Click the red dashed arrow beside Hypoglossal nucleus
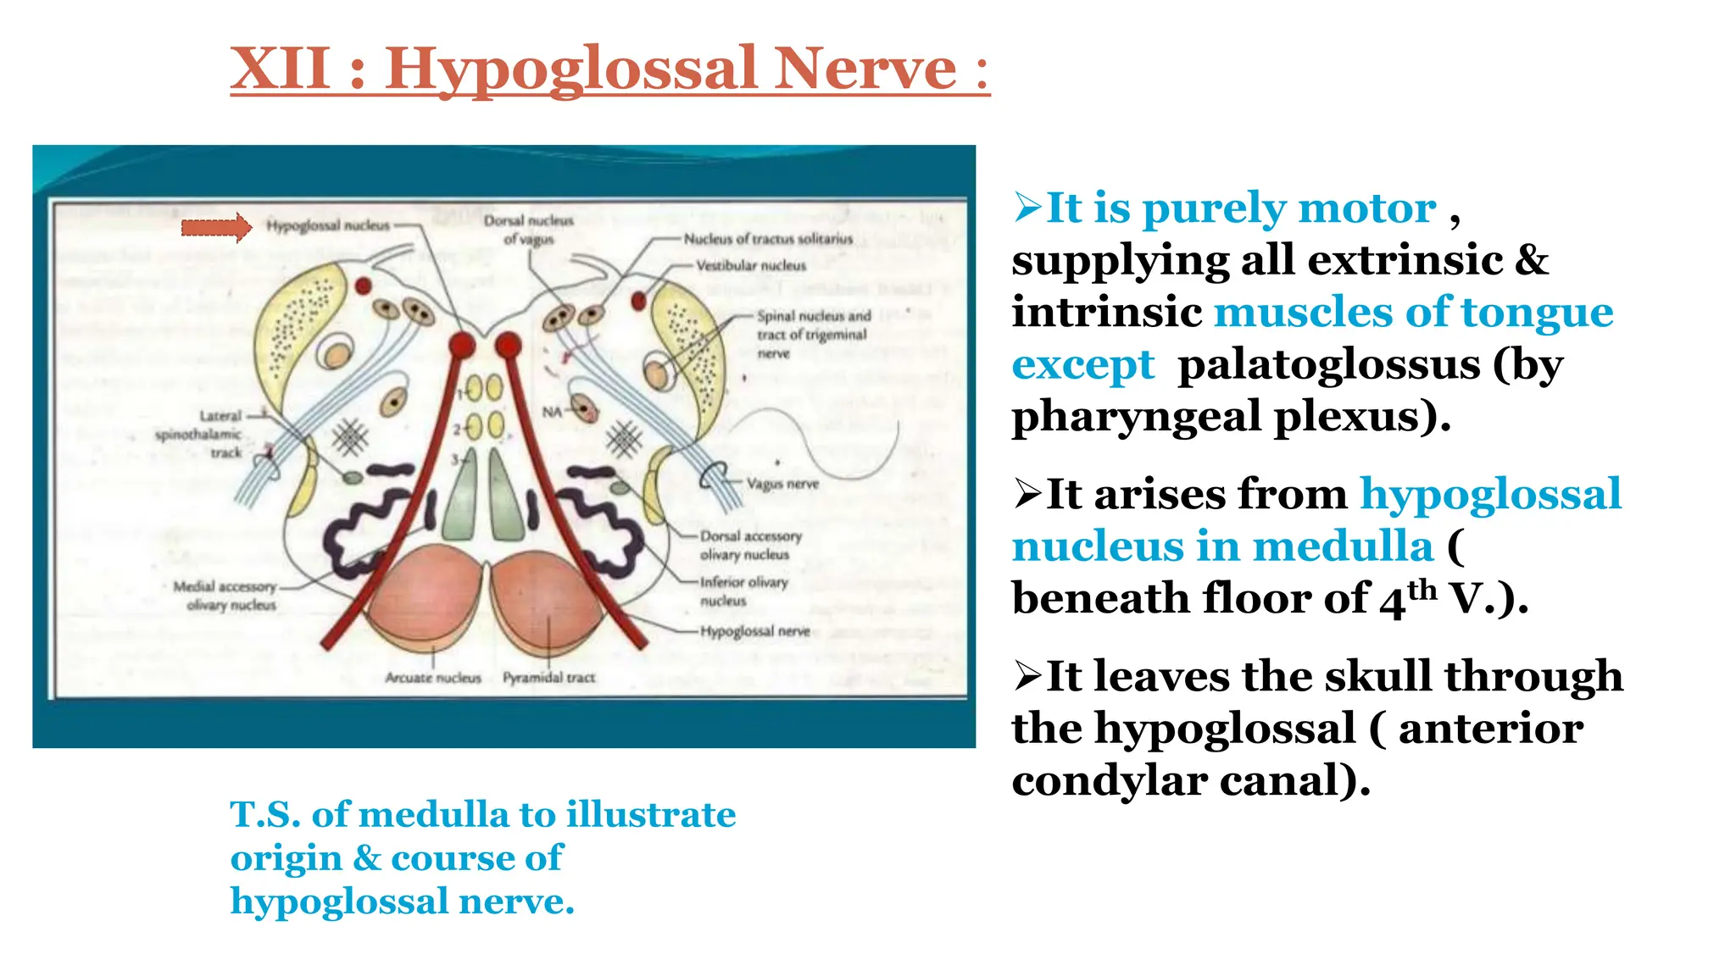pyautogui.click(x=216, y=227)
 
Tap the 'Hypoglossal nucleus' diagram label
pyautogui.click(x=328, y=225)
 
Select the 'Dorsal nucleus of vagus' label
pyautogui.click(x=528, y=230)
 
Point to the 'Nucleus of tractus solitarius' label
pyautogui.click(x=768, y=239)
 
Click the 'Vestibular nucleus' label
pyautogui.click(x=751, y=265)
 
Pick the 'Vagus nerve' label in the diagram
pyautogui.click(x=782, y=484)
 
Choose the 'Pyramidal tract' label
pyautogui.click(x=548, y=678)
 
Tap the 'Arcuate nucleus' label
pyautogui.click(x=432, y=678)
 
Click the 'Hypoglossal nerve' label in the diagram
pyautogui.click(x=754, y=631)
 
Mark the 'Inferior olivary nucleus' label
pyautogui.click(x=743, y=591)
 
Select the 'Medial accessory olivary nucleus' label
pyautogui.click(x=225, y=596)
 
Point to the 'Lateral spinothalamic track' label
pyautogui.click(x=200, y=434)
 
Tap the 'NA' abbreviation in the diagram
pyautogui.click(x=552, y=412)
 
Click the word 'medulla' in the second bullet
pyautogui.click(x=1343, y=546)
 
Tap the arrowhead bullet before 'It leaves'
pyautogui.click(x=1027, y=676)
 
